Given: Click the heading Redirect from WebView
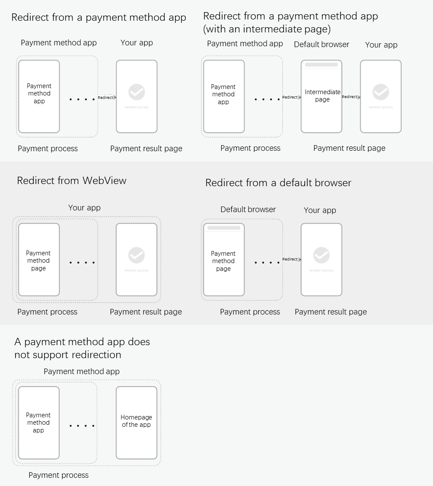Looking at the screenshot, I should pos(72,181).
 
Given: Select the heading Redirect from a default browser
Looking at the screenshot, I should pos(278,183).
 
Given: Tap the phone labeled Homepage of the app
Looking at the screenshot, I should pos(137,422).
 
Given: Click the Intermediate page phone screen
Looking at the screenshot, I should pos(322,96).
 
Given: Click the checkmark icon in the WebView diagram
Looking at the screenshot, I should pos(137,255).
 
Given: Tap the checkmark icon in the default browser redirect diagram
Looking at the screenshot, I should pos(322,255).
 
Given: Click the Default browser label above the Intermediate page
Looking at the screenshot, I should pos(322,44).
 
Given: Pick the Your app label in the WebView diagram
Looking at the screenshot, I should pos(84,208).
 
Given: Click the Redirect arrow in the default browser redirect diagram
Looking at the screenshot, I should pos(292,259).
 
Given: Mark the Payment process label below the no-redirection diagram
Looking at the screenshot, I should pos(58,475).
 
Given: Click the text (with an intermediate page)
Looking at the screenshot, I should pos(267,29).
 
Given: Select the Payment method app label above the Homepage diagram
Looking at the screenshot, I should pos(82,372).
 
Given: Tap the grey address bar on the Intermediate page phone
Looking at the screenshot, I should pos(322,65).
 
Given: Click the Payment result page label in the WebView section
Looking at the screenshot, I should pos(146,312).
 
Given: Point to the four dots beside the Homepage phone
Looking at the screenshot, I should pos(82,426).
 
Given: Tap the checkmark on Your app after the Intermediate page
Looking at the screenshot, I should pos(381,92).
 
